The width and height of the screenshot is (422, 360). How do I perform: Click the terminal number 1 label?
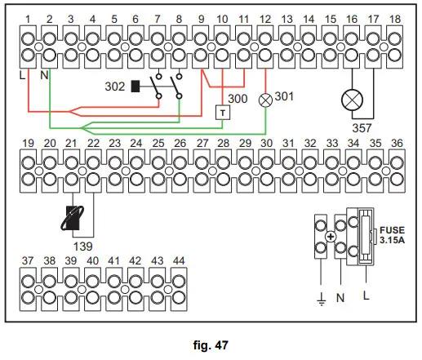tap(29, 18)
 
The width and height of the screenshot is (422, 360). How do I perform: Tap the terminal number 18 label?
tap(395, 18)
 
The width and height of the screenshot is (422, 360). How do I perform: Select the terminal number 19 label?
tap(29, 143)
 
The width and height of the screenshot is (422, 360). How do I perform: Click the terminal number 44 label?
tap(179, 260)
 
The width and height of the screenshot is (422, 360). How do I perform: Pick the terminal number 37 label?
tap(29, 260)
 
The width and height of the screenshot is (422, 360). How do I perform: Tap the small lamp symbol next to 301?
tap(265, 98)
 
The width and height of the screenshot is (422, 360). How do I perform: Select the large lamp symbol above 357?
tap(353, 99)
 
